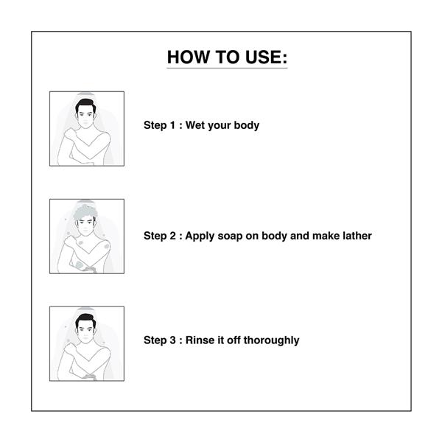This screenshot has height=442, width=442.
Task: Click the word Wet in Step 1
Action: [x=194, y=125]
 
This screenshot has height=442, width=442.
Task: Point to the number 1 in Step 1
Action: [x=172, y=125]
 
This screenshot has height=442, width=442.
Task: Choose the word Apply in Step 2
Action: [x=200, y=236]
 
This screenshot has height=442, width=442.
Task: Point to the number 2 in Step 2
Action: [x=172, y=236]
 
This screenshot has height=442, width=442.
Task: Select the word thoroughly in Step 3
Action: [x=271, y=340]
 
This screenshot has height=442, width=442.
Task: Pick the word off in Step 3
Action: [x=234, y=340]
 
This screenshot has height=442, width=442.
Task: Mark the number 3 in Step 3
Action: [x=172, y=340]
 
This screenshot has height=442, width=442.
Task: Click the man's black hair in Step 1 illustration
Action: [x=85, y=105]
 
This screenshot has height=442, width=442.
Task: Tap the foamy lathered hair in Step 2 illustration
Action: [x=85, y=212]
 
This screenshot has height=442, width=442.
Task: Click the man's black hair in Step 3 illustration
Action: [x=85, y=320]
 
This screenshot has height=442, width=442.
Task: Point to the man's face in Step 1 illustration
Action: [x=85, y=117]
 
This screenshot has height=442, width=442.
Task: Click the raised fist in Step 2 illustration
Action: [x=70, y=241]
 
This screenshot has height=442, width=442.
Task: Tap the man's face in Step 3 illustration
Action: [x=85, y=331]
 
